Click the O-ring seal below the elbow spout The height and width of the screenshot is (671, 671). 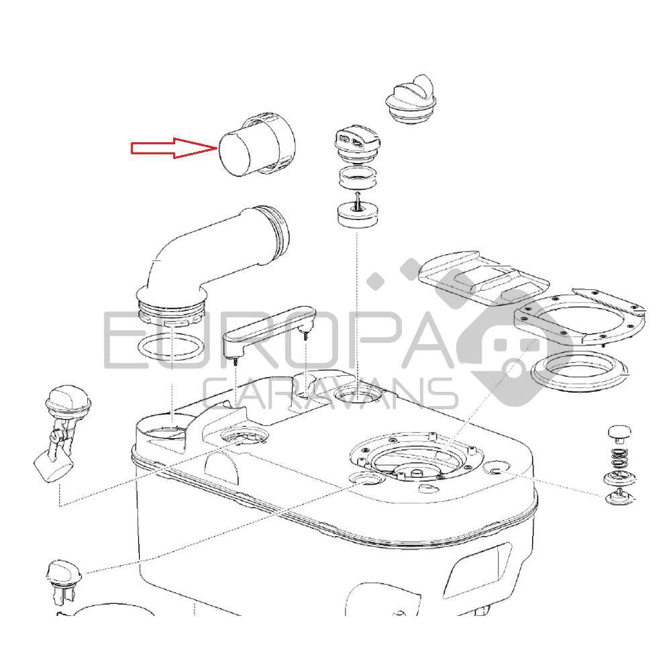(x=172, y=347)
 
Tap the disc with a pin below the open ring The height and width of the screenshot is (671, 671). (x=358, y=212)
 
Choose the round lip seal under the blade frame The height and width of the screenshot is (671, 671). (x=578, y=372)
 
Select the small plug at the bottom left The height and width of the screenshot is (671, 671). (x=63, y=580)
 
